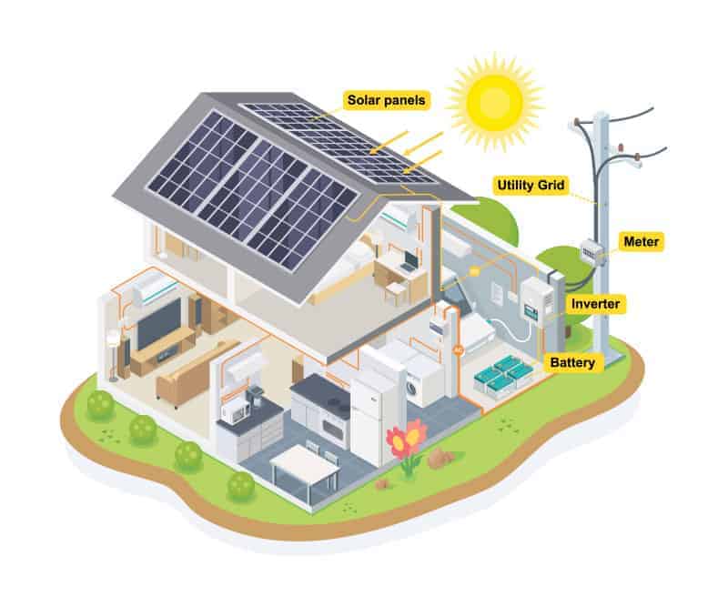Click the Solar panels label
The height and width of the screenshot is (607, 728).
[x=386, y=100]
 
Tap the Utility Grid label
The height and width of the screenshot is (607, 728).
[x=531, y=185]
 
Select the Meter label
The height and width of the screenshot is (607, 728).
[x=642, y=241]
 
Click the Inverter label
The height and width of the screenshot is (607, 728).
[x=595, y=304]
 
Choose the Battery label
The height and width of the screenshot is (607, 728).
[x=572, y=362]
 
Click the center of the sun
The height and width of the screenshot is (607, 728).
[x=495, y=101]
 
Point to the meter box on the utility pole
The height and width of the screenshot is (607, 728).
[x=592, y=253]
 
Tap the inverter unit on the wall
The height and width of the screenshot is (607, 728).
[x=537, y=301]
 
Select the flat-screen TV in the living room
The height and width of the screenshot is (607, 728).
[x=159, y=322]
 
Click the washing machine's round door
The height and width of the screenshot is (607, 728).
[x=411, y=388]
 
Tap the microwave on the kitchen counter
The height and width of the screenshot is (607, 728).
[x=235, y=410]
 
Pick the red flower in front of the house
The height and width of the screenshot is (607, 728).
[x=407, y=439]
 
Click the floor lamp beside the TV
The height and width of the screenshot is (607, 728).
[x=113, y=354]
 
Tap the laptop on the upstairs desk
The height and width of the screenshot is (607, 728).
[x=410, y=261]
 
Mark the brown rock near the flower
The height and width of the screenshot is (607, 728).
[x=440, y=459]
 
